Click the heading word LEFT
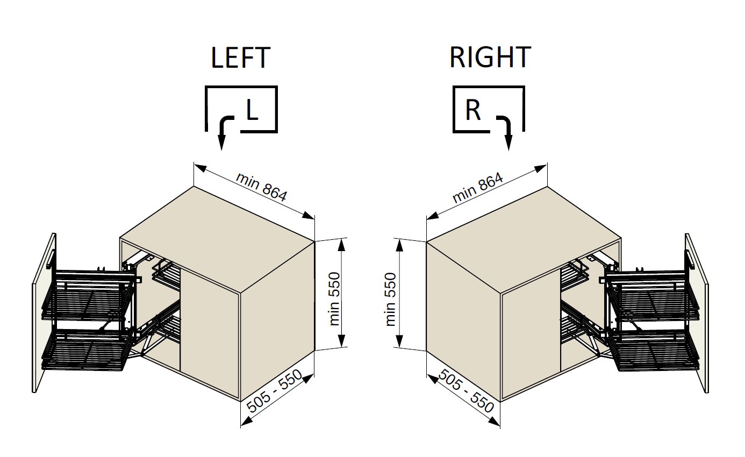coord(240,58)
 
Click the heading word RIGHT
coord(490,58)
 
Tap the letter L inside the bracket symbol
coord(252,110)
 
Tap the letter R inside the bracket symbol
coord(473,110)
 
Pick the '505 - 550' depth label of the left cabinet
coord(274,391)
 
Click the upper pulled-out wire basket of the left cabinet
coord(89,293)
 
